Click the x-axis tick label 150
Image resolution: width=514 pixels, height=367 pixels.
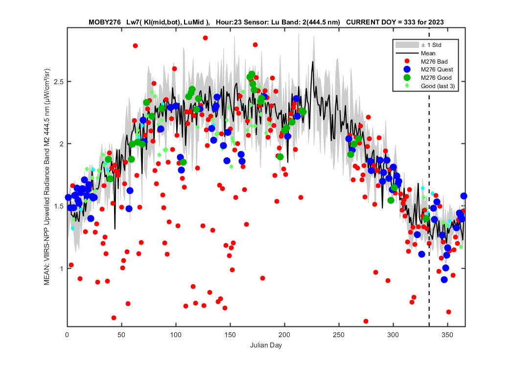pos(230,335)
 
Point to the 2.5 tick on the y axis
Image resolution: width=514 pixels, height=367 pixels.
pos(58,82)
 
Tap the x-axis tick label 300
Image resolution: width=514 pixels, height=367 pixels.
pos(393,335)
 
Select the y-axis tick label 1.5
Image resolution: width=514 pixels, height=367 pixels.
pos(58,206)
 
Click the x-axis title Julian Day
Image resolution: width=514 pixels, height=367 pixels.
pos(266,345)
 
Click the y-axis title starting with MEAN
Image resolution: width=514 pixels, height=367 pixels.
pos(47,177)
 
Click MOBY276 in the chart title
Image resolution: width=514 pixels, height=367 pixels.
pos(105,23)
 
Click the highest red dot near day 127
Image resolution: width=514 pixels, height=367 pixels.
pos(205,38)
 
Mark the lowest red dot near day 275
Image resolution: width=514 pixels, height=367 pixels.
pos(366,321)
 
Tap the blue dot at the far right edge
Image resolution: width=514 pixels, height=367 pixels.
pos(464,196)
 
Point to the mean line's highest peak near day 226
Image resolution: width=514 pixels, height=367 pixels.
pos(313,61)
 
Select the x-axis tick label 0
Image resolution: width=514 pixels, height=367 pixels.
pos(67,335)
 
